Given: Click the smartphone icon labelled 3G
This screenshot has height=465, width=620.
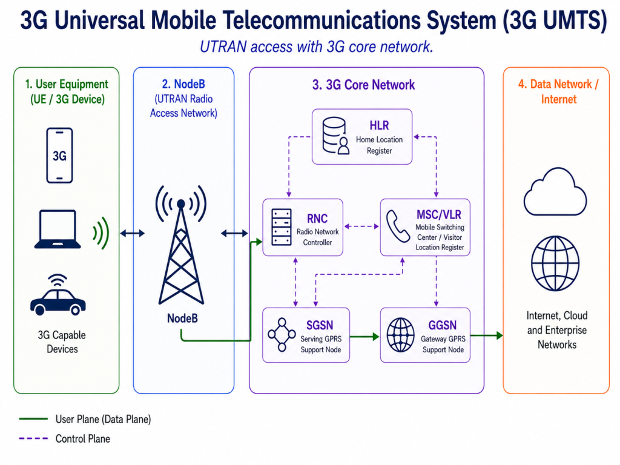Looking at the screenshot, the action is (59, 156).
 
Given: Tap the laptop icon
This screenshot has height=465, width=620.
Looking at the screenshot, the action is (58, 229).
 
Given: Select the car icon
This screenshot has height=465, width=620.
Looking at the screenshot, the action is (58, 295).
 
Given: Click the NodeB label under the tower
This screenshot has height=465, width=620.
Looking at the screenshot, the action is (182, 318).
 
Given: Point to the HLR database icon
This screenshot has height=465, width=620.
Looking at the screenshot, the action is (335, 135).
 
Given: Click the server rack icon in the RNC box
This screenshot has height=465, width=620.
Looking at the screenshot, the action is (282, 227).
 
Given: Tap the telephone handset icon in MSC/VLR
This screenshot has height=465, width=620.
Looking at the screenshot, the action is (398, 226).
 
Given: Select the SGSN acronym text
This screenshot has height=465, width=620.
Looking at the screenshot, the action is (320, 325).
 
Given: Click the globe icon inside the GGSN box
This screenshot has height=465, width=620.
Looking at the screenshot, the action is (401, 335).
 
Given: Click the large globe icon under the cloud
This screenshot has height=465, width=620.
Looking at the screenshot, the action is (555, 263).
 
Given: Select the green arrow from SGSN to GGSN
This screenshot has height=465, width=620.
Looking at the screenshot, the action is (364, 337).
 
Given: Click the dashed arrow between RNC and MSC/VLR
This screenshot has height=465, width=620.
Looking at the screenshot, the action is (361, 226).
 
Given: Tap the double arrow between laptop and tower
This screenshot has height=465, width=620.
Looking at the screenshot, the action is (133, 233).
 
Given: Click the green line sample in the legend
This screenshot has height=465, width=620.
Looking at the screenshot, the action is (33, 419).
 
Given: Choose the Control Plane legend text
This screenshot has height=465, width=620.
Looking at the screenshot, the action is (82, 438).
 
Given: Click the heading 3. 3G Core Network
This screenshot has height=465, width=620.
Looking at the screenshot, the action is (364, 85).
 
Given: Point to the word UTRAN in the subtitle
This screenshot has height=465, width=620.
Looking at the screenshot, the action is (223, 47).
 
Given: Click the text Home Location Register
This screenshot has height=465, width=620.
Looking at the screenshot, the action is (379, 145).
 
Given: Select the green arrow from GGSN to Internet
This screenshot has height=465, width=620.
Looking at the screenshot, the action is (487, 335).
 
